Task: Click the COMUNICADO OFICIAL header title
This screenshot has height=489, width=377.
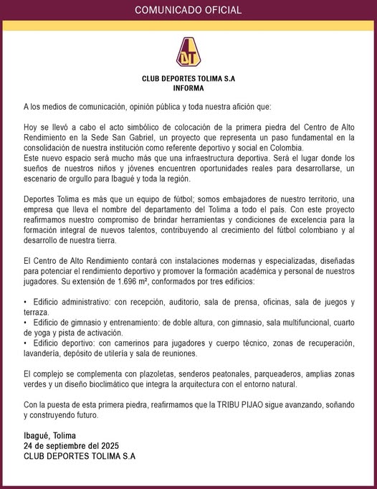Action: click(x=188, y=11)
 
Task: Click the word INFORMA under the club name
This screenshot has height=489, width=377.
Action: click(x=188, y=89)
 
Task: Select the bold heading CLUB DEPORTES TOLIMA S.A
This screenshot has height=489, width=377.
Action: click(x=188, y=79)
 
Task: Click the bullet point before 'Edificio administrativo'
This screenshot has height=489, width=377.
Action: click(x=25, y=303)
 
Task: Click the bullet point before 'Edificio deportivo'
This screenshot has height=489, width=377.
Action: click(x=25, y=343)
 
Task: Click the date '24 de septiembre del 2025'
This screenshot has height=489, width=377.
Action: click(x=69, y=446)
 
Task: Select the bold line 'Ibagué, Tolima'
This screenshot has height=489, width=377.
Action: click(x=49, y=436)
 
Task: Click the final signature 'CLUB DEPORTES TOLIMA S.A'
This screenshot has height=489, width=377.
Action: click(x=79, y=456)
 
